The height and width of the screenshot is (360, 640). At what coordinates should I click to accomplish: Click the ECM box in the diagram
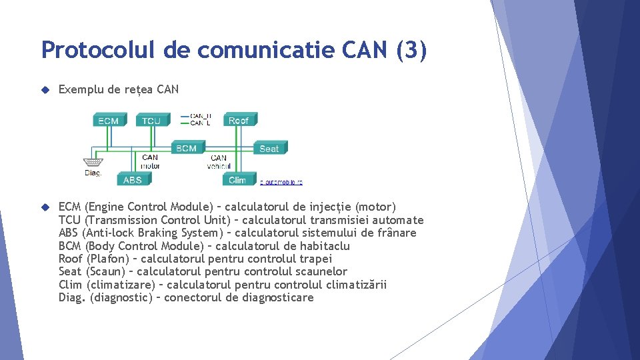[x=108, y=121]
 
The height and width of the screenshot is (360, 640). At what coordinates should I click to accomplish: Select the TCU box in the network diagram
[x=151, y=121]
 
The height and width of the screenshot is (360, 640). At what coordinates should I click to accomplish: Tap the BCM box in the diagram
[x=187, y=148]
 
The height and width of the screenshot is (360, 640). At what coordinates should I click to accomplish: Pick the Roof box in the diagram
[x=239, y=120]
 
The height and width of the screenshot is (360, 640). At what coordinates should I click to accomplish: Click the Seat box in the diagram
[x=269, y=148]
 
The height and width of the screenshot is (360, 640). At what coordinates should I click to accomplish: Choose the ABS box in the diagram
[x=133, y=179]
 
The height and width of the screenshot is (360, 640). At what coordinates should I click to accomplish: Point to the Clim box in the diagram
[x=237, y=179]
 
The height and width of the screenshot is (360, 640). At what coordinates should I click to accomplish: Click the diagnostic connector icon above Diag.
[x=93, y=162]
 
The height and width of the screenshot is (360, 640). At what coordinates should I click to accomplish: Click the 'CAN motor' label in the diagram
[x=151, y=161]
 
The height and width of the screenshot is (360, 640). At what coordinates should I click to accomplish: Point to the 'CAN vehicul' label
[x=219, y=162]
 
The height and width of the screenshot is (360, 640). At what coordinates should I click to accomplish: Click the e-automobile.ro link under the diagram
[x=281, y=181]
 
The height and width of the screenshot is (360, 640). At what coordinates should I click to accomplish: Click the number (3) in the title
[x=411, y=50]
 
